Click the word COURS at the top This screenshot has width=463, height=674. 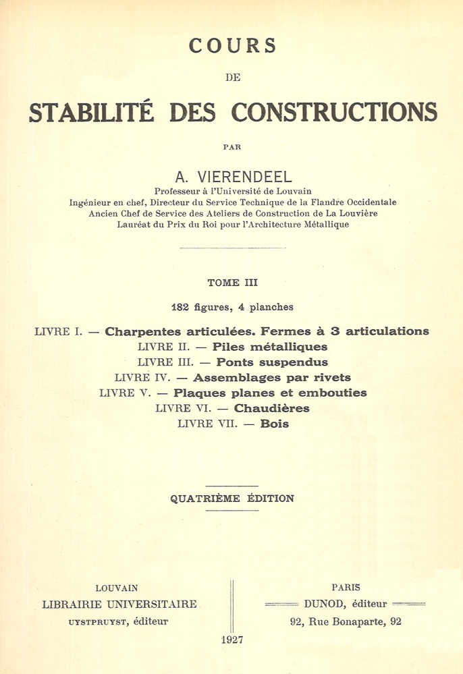[232, 46]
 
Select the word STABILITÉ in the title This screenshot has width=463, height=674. [90, 112]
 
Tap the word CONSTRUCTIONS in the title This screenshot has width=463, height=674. [335, 112]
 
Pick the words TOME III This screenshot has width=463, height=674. [232, 283]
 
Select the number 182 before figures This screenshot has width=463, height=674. [182, 307]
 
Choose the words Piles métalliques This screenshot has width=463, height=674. [269, 347]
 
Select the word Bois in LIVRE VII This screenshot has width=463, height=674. [275, 424]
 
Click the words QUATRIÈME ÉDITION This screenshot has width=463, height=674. [232, 499]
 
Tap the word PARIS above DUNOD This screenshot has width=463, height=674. [346, 588]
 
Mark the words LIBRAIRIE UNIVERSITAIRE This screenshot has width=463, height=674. [119, 605]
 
